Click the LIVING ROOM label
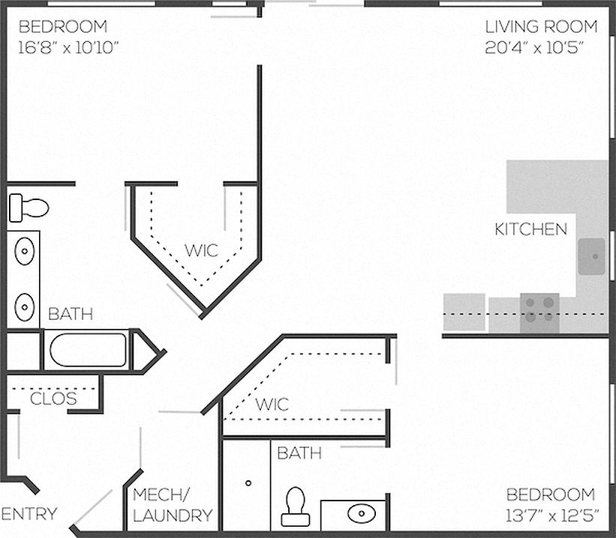(541, 27)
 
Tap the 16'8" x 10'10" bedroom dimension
(68, 47)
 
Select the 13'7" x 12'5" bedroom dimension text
(551, 516)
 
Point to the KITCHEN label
(530, 229)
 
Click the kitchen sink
(591, 256)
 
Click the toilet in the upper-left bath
(29, 208)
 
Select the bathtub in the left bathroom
(88, 350)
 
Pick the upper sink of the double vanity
(24, 251)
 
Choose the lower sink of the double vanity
(24, 307)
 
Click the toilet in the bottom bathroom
(296, 507)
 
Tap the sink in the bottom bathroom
(362, 513)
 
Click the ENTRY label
(29, 514)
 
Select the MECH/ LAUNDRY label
(173, 505)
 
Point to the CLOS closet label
(53, 399)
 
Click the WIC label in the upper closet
(201, 250)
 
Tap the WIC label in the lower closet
(272, 404)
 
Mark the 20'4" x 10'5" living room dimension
(533, 47)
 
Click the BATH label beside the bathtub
(71, 314)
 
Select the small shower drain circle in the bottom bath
(248, 483)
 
